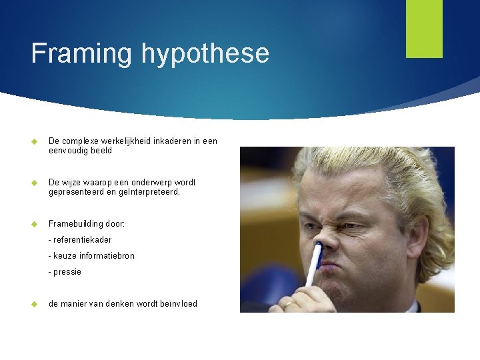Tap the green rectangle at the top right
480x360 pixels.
tap(424, 29)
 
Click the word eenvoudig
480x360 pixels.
tap(71, 151)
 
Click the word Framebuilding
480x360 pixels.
tap(77, 224)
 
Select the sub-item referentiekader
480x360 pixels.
tap(82, 239)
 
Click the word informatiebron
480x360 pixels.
tap(108, 256)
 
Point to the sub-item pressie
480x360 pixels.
tap(67, 272)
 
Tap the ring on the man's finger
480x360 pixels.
tap(290, 304)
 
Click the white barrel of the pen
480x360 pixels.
tap(312, 273)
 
